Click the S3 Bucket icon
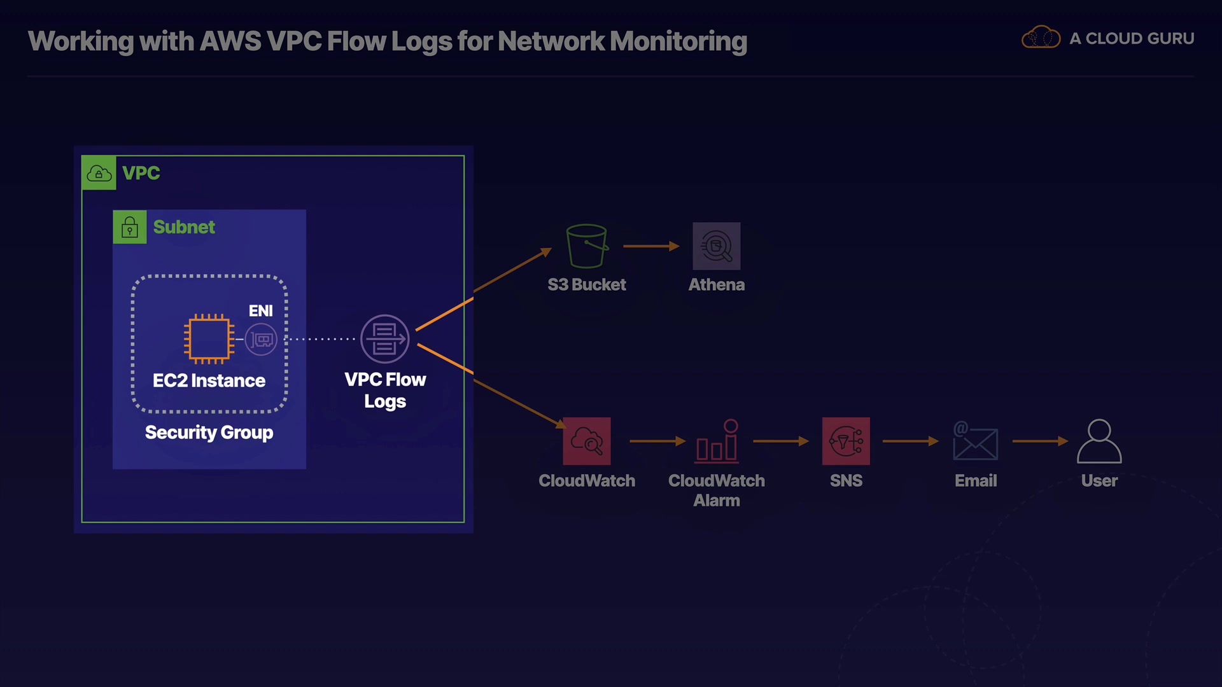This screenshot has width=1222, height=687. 587,246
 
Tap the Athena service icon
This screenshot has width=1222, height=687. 717,246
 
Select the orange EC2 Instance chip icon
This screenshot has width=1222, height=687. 209,339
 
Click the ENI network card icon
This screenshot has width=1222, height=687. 261,340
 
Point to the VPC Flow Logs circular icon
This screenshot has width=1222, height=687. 384,339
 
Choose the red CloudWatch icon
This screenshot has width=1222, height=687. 587,441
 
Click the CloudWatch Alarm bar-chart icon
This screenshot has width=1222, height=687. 717,440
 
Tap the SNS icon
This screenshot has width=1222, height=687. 846,441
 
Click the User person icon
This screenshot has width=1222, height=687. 1099,441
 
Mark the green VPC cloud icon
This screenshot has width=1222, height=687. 99,173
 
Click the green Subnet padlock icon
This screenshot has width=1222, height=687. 130,227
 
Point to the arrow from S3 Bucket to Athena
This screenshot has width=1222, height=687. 651,246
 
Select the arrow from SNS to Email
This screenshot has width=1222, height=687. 910,441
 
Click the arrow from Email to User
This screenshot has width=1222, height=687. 1040,441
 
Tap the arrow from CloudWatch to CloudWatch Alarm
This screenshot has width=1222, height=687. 657,441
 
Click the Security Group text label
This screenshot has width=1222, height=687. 209,433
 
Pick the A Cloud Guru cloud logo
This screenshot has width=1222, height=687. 1041,38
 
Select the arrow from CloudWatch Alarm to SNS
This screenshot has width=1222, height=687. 780,441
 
